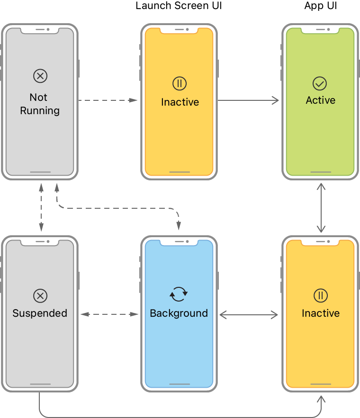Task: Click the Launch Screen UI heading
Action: coord(179,6)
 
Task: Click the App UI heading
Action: coord(320,6)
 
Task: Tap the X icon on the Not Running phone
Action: coord(40,76)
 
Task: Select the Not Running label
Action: coord(39,104)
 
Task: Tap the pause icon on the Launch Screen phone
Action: coord(179,84)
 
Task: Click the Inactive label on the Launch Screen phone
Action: coord(180,102)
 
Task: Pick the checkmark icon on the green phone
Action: coord(320,84)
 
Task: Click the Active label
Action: coord(320,100)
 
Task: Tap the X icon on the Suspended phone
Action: coord(40,296)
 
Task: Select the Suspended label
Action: coord(40,313)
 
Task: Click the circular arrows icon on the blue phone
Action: coord(179,294)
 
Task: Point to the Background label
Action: coord(179,313)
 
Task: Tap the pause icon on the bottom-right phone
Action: coord(320,296)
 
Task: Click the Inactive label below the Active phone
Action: coord(320,313)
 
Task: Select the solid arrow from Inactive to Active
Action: coord(248,100)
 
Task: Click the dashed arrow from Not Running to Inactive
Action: coord(108,100)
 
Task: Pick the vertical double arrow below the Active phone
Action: coord(321,207)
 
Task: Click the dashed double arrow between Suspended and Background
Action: coord(108,314)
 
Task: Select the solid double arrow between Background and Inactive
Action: coord(249,314)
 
